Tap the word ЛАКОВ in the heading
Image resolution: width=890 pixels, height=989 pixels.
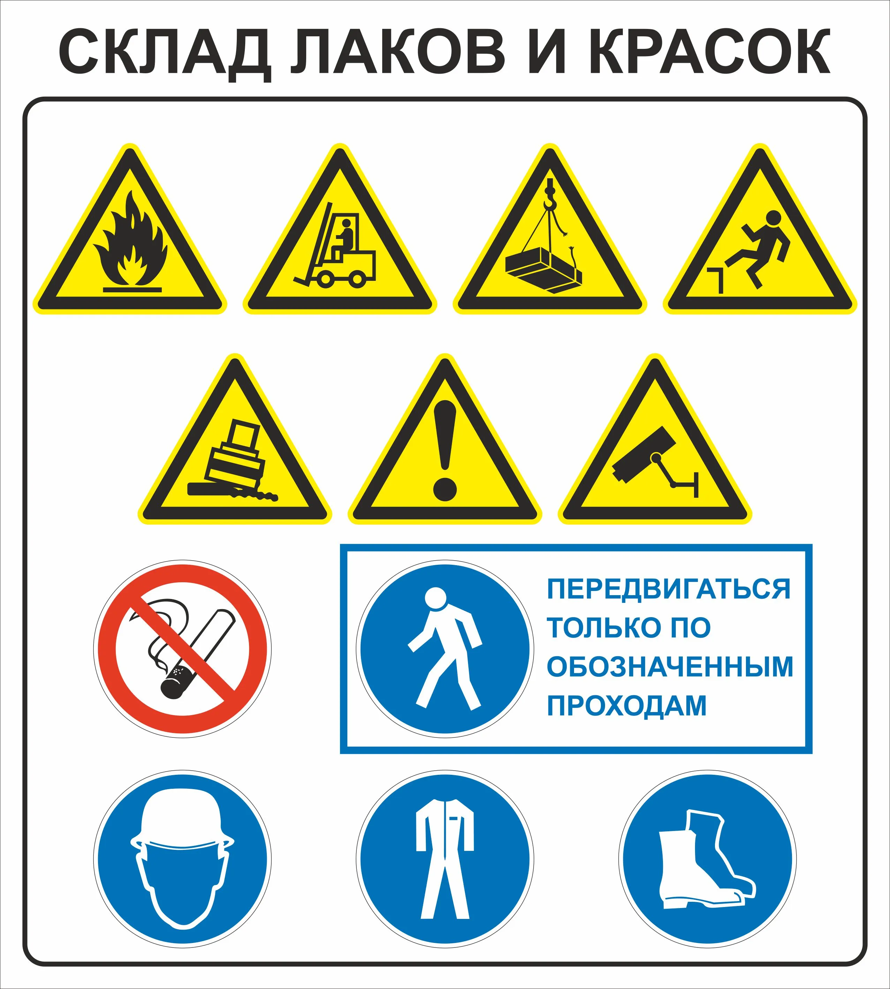(398, 51)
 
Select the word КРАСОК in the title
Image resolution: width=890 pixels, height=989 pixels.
(710, 51)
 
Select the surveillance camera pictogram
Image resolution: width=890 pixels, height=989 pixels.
(656, 462)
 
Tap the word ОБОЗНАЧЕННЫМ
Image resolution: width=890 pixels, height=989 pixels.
(670, 667)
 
